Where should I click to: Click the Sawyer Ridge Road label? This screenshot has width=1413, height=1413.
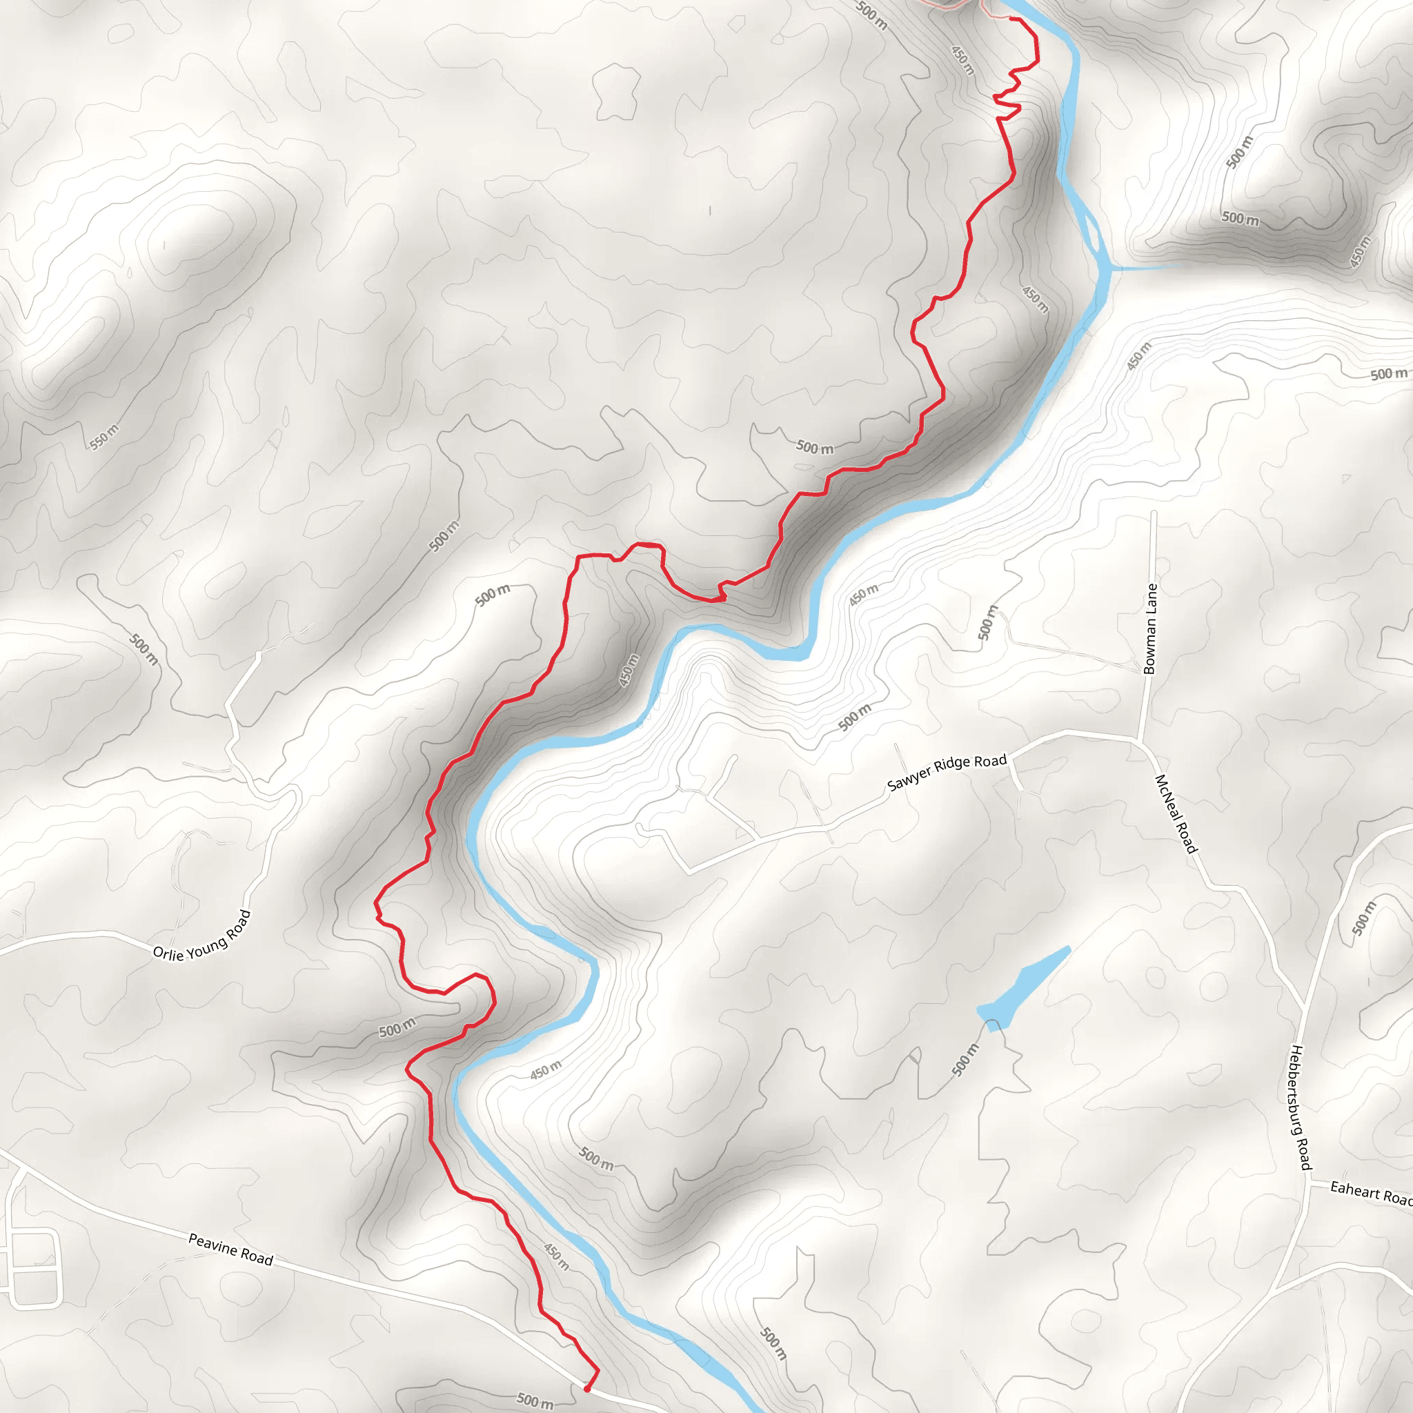947,772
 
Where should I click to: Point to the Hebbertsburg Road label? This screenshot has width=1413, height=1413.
1300,1107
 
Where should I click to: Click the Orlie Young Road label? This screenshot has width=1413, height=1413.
202,937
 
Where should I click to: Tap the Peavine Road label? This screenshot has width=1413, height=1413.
230,1249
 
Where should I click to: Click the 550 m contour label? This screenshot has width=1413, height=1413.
104,437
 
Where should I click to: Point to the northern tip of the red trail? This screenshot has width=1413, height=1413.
1012,19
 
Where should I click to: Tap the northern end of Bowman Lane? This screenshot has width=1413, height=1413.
1154,513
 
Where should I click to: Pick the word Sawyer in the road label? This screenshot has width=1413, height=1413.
908,780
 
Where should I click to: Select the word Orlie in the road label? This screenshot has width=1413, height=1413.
168,953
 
